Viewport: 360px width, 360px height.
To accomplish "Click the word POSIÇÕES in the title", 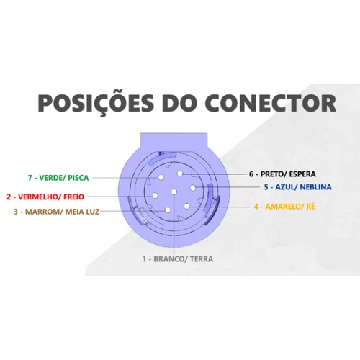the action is pos(96,104).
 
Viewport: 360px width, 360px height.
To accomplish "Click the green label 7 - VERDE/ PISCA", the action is pos(58,178).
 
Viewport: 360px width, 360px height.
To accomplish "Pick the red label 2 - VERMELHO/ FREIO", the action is pos(45,197).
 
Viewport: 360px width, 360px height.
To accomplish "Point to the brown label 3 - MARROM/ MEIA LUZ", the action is pos(57,212).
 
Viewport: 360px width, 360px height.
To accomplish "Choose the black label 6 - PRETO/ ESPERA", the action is pos(282,174).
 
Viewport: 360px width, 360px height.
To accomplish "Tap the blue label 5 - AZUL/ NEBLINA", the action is pos(298,187).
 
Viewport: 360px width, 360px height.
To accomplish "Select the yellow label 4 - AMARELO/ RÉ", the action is pos(284,207).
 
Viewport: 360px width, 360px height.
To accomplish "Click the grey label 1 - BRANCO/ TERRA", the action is pos(178,259).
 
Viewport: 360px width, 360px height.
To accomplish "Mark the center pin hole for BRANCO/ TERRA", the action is pos(174,192).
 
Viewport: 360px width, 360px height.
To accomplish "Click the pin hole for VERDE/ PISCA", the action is pos(161,178).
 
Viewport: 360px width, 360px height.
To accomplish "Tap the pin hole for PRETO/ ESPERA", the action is pos(180,173).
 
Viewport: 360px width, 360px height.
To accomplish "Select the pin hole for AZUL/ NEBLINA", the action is pos(193,188).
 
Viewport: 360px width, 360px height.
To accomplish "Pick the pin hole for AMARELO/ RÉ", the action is pos(187,206).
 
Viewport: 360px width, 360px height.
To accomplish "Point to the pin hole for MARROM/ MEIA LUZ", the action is pos(168,210).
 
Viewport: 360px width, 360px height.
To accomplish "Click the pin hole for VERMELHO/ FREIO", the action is pos(156,196).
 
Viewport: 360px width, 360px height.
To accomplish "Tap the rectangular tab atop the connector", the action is pos(174,142).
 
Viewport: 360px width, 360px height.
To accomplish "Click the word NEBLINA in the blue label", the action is pos(316,187).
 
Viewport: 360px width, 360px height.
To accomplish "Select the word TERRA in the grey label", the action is pos(202,259).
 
